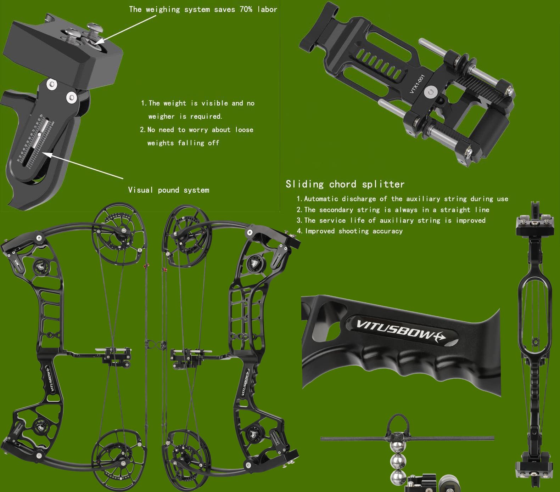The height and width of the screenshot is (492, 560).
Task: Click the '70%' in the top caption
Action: coord(246,10)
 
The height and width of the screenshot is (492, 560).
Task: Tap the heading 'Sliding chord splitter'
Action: coord(345,184)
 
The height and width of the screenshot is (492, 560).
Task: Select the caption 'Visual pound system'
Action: coord(168,190)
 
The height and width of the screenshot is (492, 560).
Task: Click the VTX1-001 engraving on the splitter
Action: coord(417,84)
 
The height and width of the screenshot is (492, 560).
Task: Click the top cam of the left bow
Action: coord(119,234)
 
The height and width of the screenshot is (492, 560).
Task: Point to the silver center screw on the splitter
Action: coord(431,92)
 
